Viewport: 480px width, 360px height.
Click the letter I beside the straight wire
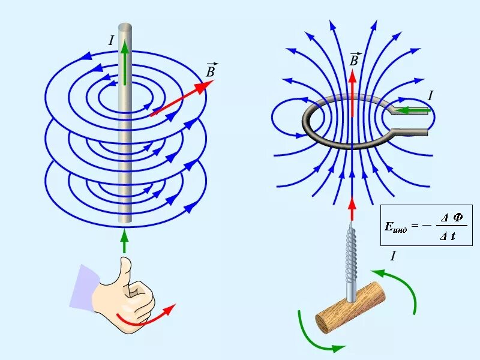(111, 41)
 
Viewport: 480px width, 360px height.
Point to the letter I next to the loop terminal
(430, 95)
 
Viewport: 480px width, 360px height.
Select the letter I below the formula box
(393, 256)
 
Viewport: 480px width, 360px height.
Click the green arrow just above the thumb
(125, 241)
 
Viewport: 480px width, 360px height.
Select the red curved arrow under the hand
(147, 318)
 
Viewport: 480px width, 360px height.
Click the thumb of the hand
(125, 270)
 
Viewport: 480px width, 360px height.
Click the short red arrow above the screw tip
(352, 211)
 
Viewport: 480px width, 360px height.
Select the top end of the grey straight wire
(125, 28)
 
